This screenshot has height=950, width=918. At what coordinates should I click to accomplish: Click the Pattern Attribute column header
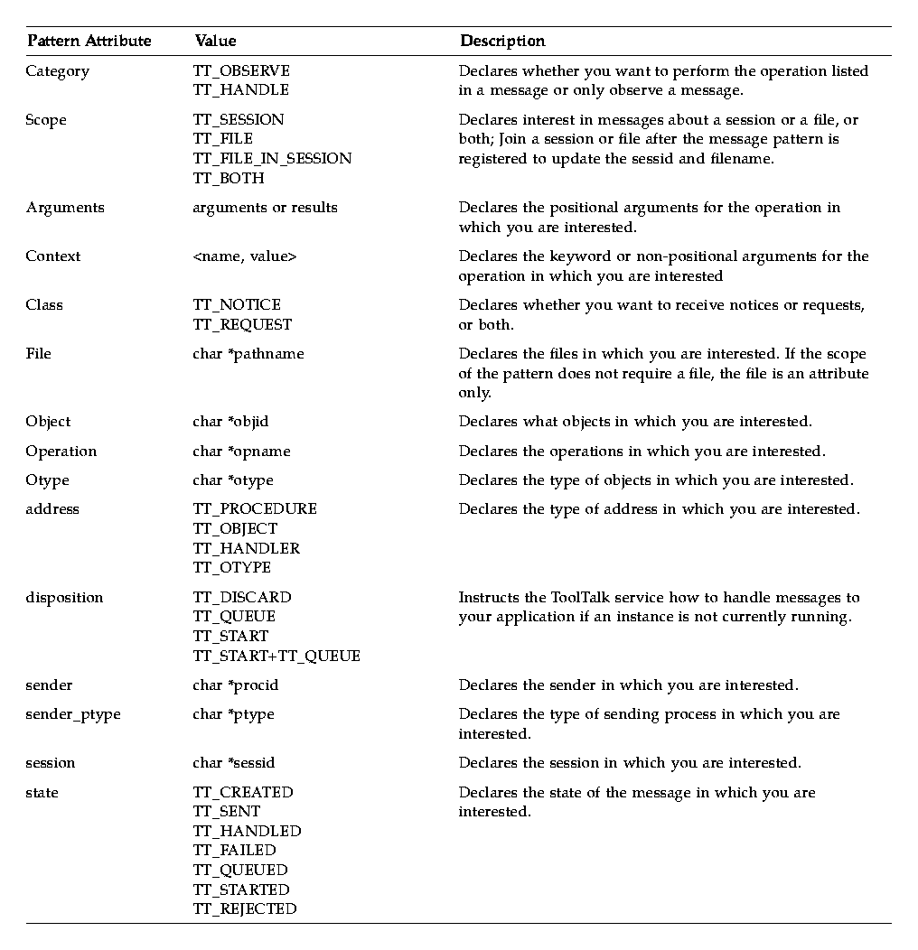click(89, 41)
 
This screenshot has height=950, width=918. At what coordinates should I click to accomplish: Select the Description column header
click(502, 41)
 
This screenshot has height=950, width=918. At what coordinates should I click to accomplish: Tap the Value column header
click(215, 41)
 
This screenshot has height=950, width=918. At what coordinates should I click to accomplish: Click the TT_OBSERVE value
click(241, 70)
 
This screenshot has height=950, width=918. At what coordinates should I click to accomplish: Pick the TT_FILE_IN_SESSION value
click(272, 158)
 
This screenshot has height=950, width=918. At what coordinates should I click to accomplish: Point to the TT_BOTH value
click(229, 178)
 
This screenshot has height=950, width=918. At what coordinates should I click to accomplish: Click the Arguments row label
click(65, 208)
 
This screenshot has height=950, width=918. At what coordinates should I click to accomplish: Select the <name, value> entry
click(244, 256)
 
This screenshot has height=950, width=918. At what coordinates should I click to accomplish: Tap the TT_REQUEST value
click(242, 324)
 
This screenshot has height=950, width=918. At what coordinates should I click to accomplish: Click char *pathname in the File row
click(248, 354)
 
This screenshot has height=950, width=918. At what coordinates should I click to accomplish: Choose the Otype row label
click(47, 480)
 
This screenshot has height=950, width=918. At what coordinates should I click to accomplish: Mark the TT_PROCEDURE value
click(255, 509)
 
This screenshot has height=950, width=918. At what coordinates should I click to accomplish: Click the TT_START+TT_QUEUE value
click(276, 656)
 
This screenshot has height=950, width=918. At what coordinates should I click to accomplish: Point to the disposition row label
click(64, 598)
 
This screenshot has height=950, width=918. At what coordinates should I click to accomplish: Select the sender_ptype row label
click(73, 714)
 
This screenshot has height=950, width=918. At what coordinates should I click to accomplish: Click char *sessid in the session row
click(236, 763)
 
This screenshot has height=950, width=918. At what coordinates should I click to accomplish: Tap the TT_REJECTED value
click(245, 909)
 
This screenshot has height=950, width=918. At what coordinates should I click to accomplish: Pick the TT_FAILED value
click(234, 851)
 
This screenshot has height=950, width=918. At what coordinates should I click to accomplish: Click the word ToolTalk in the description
click(581, 598)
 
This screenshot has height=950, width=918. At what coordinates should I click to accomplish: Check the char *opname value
click(241, 452)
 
